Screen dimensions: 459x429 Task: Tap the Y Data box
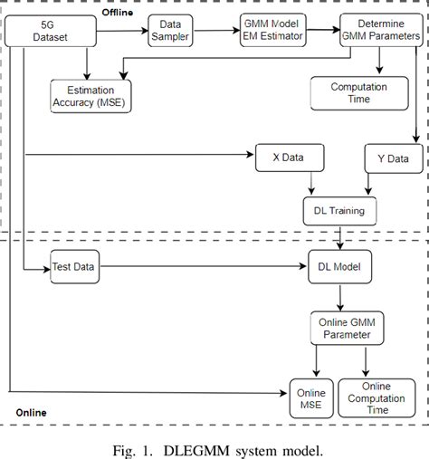pyautogui.click(x=392, y=158)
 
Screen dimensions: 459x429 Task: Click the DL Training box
pyautogui.click(x=338, y=211)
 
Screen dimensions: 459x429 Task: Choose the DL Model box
pyautogui.click(x=338, y=268)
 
